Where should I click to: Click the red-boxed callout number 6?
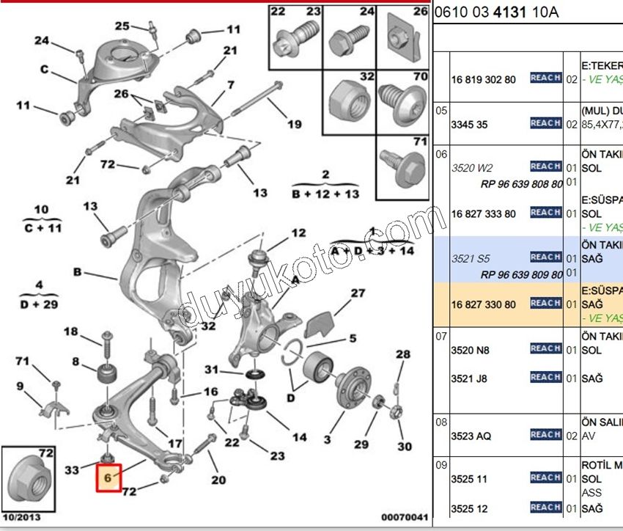click(x=108, y=477)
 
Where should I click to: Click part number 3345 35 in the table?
click(x=469, y=125)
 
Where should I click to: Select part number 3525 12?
click(x=469, y=508)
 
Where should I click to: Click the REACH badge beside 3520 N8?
click(x=545, y=348)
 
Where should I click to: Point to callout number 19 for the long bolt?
click(x=294, y=124)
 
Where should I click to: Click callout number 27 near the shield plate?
click(x=357, y=293)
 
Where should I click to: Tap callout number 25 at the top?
click(x=122, y=26)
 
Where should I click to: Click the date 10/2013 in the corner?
click(x=21, y=517)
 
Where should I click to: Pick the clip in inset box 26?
click(x=404, y=36)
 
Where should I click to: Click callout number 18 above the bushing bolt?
click(x=70, y=332)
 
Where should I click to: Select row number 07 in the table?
click(x=441, y=336)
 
